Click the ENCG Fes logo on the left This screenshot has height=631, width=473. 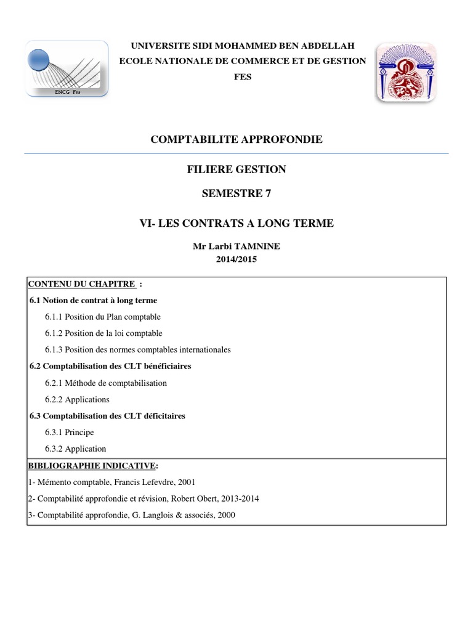coord(67,68)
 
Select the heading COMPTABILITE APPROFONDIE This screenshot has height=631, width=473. coord(236,140)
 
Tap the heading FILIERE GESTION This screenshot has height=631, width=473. coord(236,169)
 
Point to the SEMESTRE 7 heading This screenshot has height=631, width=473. coord(236,193)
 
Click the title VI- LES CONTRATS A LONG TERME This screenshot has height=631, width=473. coord(236,223)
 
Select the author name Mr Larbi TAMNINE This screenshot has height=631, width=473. coord(236,246)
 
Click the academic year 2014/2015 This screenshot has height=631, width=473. coord(236,259)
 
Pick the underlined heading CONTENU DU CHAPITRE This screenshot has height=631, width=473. coord(81,284)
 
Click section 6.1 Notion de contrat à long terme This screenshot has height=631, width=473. coord(94,301)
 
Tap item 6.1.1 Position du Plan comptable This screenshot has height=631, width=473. coord(102,317)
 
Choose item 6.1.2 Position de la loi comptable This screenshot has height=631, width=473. coord(103,333)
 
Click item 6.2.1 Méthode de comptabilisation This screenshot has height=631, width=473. coord(105,383)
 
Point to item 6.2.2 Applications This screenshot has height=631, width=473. coord(77,399)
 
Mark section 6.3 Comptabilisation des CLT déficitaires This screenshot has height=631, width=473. coord(108,416)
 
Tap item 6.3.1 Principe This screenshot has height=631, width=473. coord(69,433)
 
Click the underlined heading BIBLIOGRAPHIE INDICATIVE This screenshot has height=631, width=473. coord(92,465)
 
